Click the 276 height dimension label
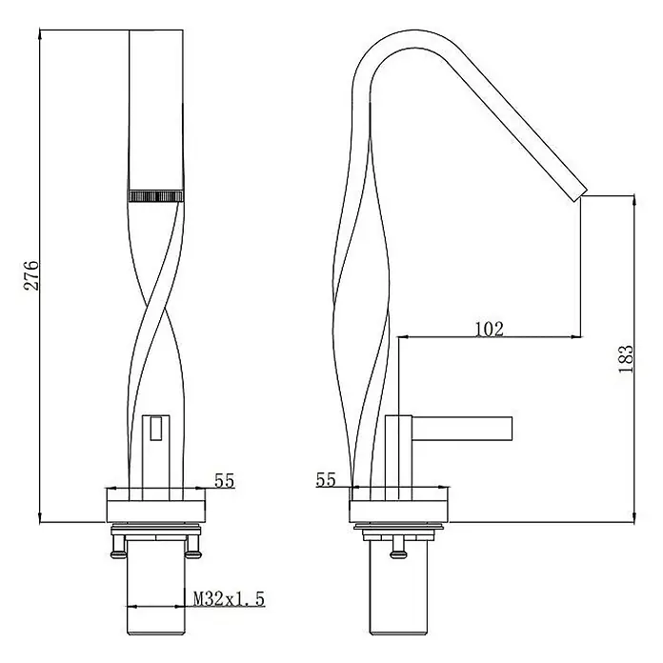31,275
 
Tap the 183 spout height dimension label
626,359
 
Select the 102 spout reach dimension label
490,329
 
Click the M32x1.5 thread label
229,599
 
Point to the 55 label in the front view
224,481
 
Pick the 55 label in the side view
326,479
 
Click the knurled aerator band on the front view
156,196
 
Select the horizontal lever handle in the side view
462,429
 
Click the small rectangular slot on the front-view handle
156,429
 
